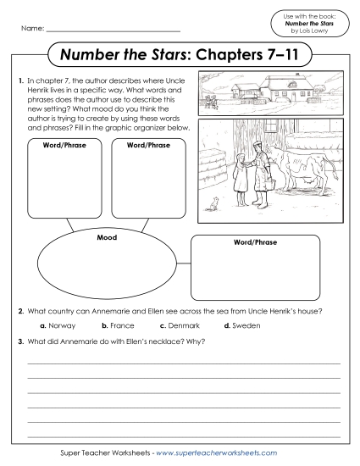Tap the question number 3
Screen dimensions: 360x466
pos(19,341)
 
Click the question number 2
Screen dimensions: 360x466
pos(19,311)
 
